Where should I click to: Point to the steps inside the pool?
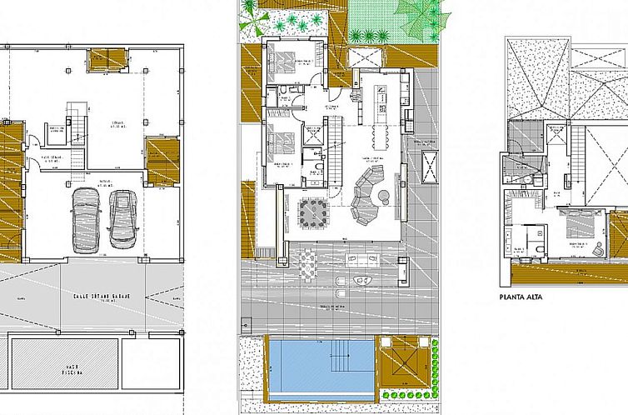pyautogui.click(x=341, y=360)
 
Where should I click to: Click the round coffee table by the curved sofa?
pyautogui.click(x=384, y=196)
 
